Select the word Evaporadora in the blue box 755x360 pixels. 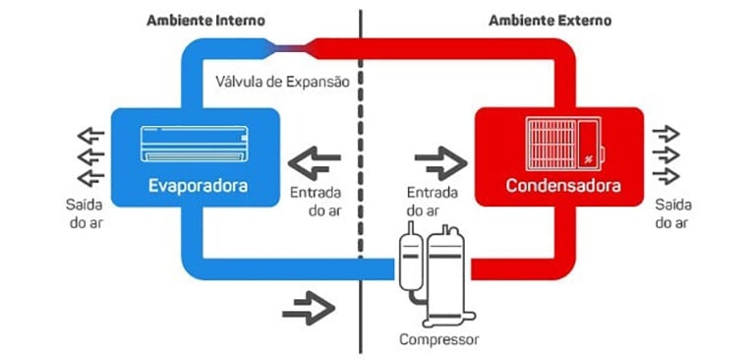point(199,185)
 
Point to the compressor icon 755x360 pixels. point(436,278)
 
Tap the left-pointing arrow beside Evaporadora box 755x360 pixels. point(315,157)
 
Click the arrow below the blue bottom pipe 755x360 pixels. point(308,309)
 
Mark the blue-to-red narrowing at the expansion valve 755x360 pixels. point(293,45)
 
